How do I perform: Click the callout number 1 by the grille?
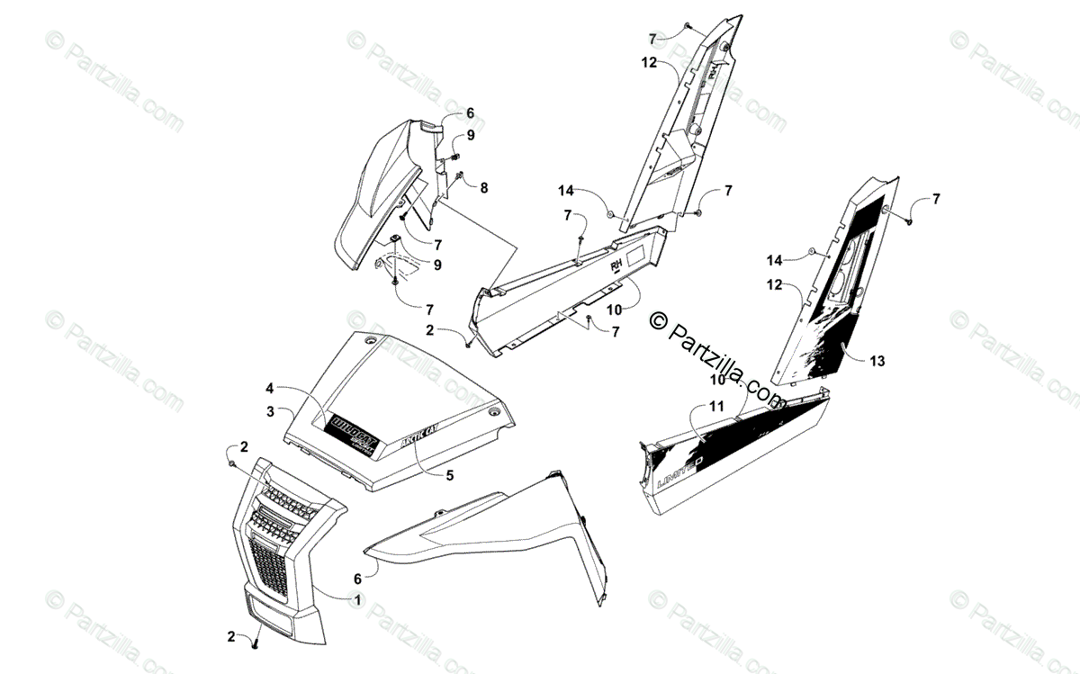tap(357, 599)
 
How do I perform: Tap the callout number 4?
tap(268, 389)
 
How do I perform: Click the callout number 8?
tap(483, 188)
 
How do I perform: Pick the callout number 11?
tap(715, 406)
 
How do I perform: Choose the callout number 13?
tap(877, 361)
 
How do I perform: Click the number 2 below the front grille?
tap(231, 636)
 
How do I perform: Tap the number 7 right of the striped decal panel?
tap(936, 198)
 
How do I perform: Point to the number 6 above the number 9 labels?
tap(469, 113)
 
